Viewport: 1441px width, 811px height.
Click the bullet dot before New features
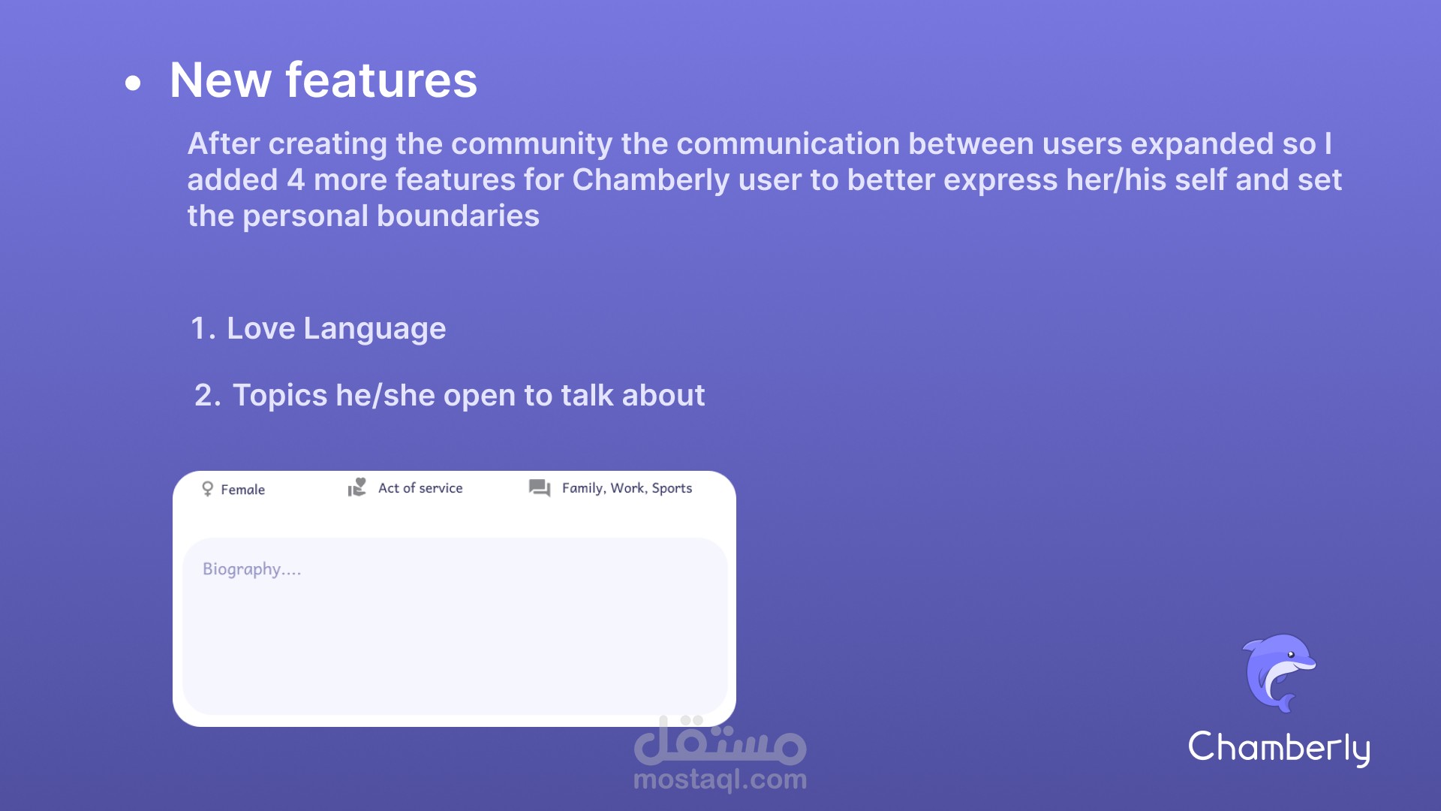click(133, 83)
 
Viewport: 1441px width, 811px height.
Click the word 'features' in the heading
click(381, 80)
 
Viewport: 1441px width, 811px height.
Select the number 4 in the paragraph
click(296, 180)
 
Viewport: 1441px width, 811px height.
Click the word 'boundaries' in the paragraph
click(458, 216)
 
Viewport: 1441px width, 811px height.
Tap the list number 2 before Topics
click(207, 396)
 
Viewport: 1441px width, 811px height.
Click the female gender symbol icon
click(208, 490)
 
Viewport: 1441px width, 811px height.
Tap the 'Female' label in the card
click(242, 490)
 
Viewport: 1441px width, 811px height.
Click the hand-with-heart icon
click(357, 488)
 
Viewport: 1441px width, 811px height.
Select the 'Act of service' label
click(420, 488)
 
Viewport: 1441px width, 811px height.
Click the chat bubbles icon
click(540, 488)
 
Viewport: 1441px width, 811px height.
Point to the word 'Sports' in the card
click(672, 489)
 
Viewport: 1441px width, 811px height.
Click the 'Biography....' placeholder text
click(252, 569)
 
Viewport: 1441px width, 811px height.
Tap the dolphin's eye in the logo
click(1291, 654)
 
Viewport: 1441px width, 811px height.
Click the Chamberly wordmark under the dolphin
click(1280, 748)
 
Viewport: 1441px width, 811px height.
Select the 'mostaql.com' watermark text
click(720, 780)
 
